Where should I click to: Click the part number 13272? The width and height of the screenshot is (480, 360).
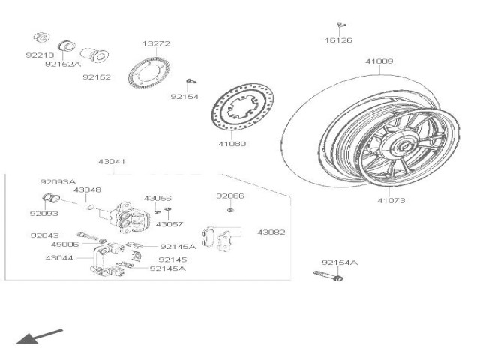[156, 43]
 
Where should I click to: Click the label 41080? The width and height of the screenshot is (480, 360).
[232, 143]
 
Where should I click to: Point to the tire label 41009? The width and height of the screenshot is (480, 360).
[379, 61]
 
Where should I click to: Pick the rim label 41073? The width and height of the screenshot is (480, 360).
[390, 200]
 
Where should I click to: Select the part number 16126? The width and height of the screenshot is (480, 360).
[338, 40]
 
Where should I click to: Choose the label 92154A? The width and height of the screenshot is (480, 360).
[340, 262]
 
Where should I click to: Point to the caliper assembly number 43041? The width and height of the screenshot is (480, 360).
[112, 161]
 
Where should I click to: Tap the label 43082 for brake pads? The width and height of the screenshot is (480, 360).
[271, 232]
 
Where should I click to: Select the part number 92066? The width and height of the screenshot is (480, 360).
[230, 196]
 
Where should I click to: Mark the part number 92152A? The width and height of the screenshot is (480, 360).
[62, 64]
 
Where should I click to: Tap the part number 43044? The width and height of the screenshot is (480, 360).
[59, 257]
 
